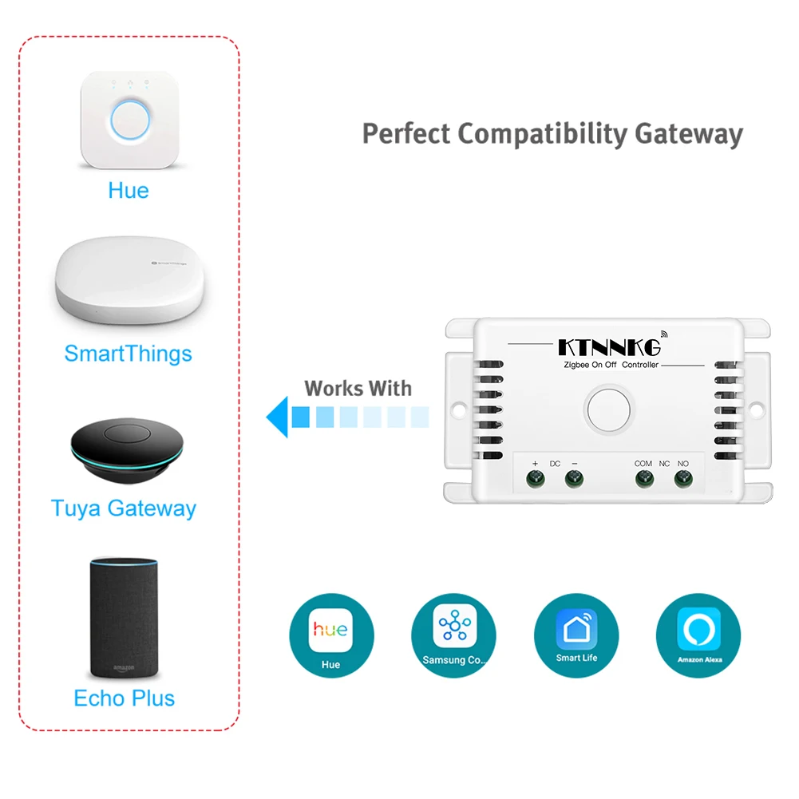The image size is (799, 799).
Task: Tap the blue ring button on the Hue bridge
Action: [129, 121]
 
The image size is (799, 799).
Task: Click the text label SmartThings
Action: [128, 354]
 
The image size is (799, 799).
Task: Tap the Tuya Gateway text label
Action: [124, 508]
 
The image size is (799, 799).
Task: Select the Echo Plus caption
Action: [124, 698]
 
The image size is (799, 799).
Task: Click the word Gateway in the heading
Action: [688, 134]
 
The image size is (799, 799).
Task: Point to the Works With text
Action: [358, 389]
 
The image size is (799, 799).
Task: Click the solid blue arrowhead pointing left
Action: [277, 417]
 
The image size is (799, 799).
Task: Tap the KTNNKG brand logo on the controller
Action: [608, 347]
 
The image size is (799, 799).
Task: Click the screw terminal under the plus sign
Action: [536, 479]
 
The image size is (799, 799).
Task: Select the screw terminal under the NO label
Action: [682, 479]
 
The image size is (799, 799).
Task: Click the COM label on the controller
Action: [643, 463]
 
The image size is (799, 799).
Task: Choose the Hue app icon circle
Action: [330, 636]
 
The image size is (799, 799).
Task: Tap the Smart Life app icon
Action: [576, 636]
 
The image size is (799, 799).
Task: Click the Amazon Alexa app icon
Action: [698, 636]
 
